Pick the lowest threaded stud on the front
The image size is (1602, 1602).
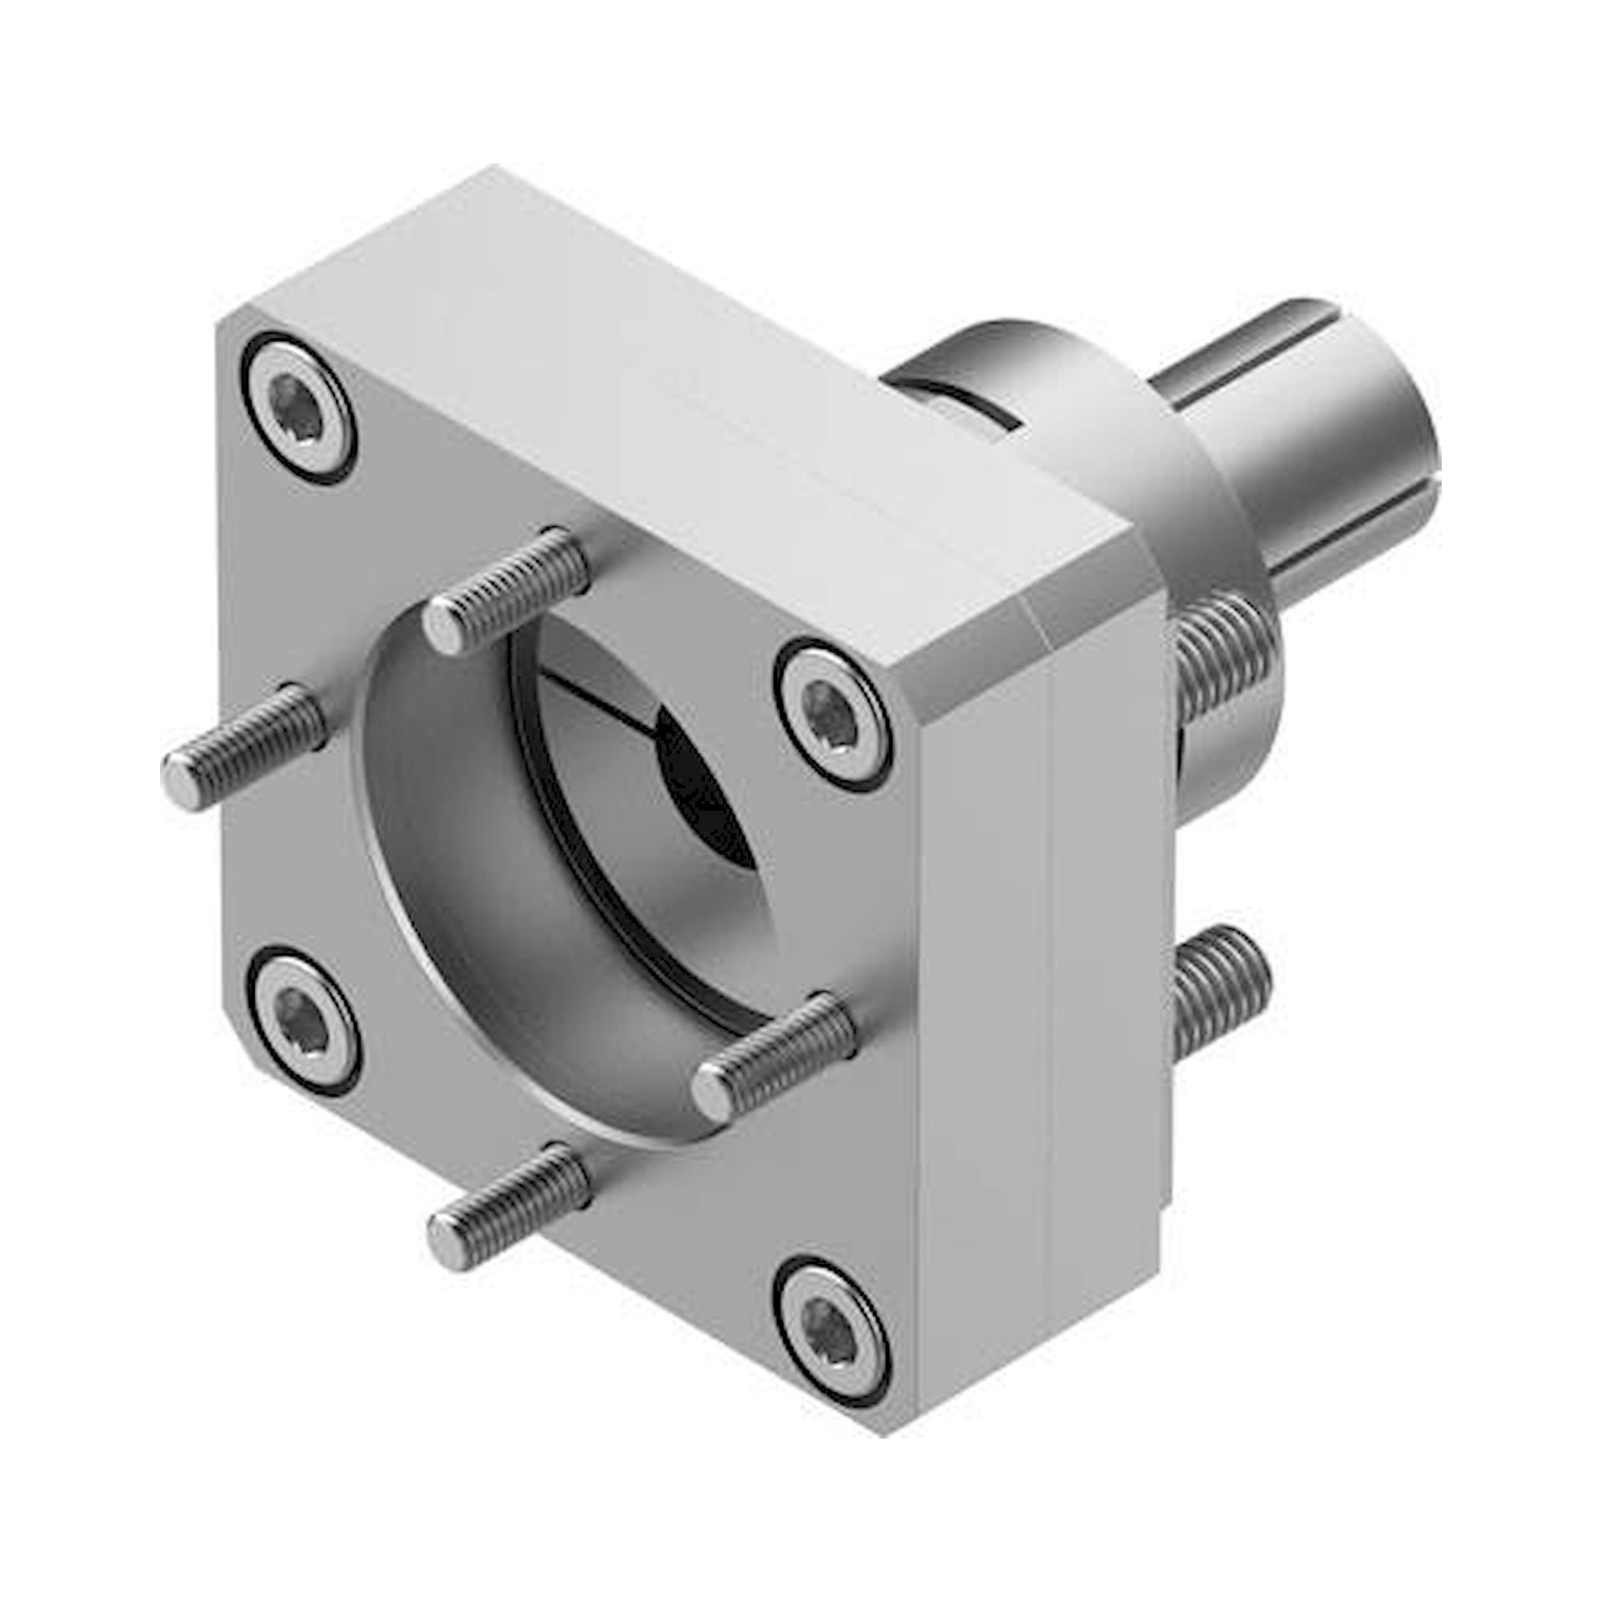(x=505, y=1219)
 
